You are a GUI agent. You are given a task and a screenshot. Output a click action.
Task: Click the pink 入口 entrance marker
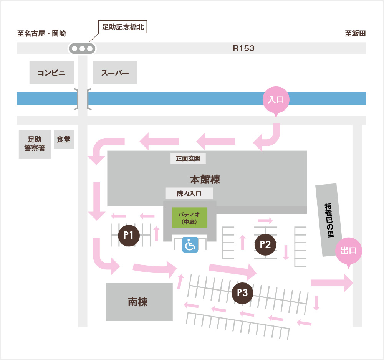[x=275, y=100]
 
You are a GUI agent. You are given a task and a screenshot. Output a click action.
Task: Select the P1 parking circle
[x=128, y=236]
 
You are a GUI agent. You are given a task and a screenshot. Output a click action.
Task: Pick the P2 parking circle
[x=265, y=244]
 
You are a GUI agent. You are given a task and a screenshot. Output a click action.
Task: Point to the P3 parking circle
[x=242, y=293]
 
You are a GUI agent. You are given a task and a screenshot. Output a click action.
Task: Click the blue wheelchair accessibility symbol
[x=190, y=244]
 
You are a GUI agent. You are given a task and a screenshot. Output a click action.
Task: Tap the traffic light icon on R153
[x=82, y=49]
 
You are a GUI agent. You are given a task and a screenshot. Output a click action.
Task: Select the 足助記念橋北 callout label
[x=123, y=27]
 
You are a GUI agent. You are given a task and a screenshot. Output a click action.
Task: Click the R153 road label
[x=244, y=49]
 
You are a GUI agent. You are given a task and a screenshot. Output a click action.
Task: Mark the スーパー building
[x=115, y=73]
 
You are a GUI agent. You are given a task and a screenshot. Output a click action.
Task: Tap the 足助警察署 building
[x=35, y=144]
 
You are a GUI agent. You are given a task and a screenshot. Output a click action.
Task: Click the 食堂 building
[x=64, y=139]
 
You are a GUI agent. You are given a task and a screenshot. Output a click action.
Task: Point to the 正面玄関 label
[x=188, y=158]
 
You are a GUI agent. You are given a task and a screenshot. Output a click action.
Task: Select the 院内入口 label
[x=189, y=193]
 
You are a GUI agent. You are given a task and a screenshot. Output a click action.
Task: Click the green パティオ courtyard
[x=190, y=218]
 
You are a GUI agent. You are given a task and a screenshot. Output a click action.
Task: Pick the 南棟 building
[x=139, y=302]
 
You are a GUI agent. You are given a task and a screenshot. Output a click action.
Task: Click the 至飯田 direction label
[x=355, y=33]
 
